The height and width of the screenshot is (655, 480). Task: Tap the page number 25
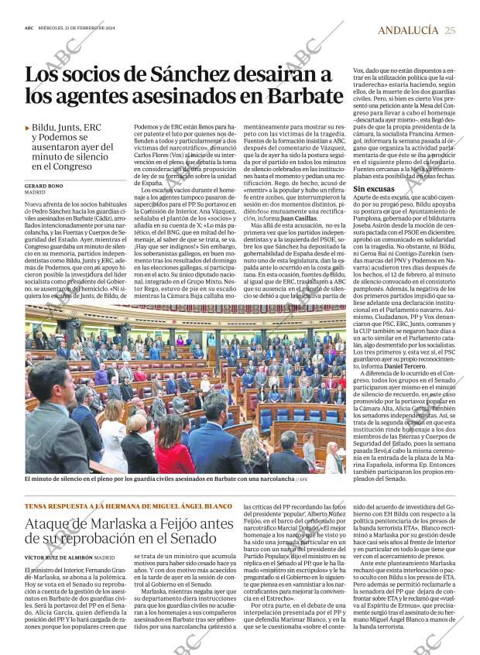coord(451,30)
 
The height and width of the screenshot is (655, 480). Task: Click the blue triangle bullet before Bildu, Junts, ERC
coord(28,127)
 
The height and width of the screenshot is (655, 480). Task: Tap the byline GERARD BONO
coord(43,187)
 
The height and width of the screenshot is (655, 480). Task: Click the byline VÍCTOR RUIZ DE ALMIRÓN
coord(59,557)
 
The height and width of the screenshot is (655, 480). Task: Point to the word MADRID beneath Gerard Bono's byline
coord(36,194)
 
